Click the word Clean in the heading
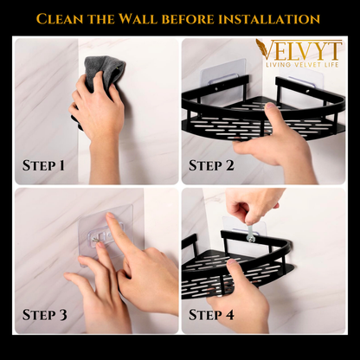point(67,17)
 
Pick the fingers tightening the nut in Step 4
point(247,208)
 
